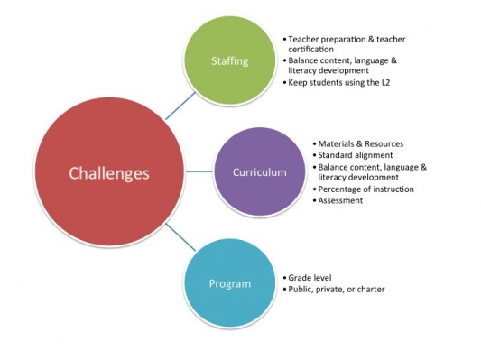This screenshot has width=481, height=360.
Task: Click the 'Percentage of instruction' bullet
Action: (x=366, y=189)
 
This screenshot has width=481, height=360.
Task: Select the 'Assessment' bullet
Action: (x=340, y=200)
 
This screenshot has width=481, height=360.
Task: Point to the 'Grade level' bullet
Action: (x=310, y=278)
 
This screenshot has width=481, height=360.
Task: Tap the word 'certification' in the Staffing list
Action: (x=316, y=50)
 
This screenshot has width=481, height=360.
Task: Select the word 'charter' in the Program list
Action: (x=373, y=289)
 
